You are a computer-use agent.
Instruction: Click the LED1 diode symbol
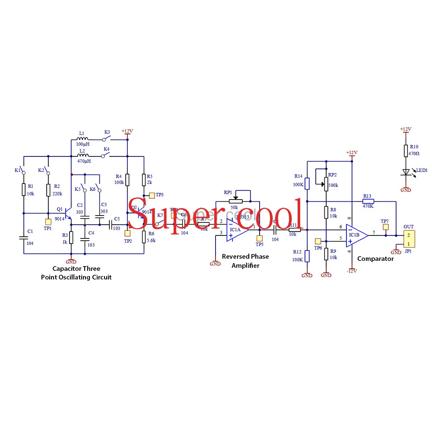406,172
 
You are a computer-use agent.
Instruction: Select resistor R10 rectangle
406,151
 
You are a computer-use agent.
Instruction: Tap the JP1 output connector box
408,238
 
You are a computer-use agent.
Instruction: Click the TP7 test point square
385,227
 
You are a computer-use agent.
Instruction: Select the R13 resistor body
368,201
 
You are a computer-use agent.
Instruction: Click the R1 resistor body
24,189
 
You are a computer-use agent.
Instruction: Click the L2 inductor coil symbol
83,156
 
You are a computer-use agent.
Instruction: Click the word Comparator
375,259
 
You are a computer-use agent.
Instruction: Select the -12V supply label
351,271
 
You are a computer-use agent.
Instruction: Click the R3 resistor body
71,237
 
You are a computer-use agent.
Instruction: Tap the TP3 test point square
152,195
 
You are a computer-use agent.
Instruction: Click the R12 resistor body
307,256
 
